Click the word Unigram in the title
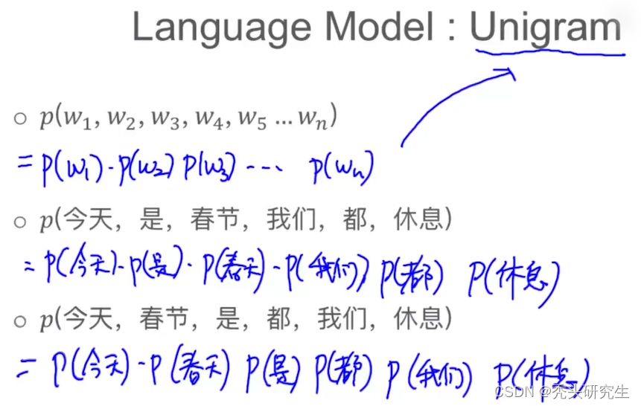coord(546,28)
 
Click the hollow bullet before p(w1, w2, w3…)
coord(20,118)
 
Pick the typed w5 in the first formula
coord(257,119)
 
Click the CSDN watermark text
coord(551,391)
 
